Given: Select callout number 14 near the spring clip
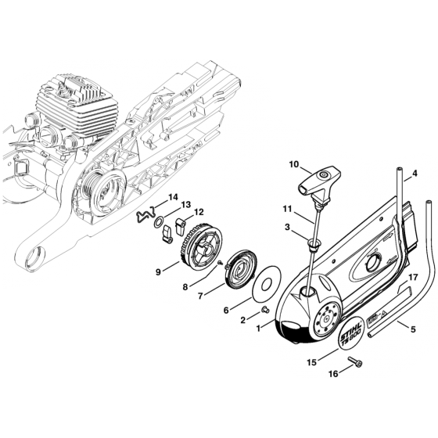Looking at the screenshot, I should (174, 196).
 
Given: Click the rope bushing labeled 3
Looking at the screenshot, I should (314, 247).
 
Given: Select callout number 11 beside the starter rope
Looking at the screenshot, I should (287, 210).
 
